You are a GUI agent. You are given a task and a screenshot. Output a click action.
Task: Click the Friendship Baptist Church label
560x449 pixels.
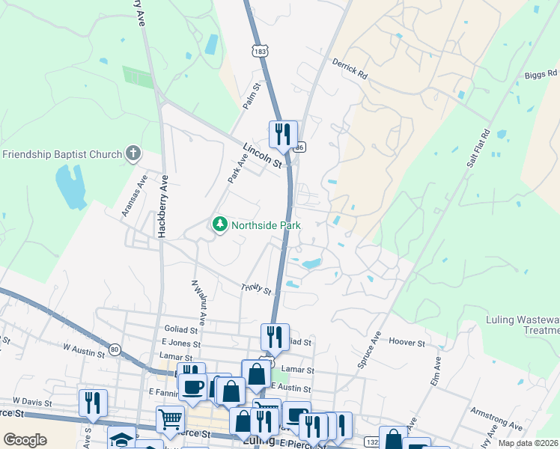point(62,155)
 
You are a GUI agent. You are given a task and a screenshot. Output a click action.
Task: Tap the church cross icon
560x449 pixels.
point(133,154)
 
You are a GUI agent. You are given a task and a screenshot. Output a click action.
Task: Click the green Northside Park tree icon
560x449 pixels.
point(220,224)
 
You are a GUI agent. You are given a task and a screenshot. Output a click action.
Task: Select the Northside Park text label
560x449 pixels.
point(265,224)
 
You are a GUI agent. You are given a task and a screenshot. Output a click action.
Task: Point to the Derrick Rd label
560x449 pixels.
point(350,70)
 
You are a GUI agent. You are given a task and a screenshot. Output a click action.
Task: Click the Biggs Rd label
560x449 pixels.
point(541,74)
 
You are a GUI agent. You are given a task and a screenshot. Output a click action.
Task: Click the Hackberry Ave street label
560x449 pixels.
point(162,207)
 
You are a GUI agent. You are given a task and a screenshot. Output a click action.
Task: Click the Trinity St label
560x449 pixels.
point(255,287)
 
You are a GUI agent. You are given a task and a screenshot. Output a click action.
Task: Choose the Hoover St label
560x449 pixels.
point(407,342)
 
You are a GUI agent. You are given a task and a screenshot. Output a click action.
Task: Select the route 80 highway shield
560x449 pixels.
point(115,349)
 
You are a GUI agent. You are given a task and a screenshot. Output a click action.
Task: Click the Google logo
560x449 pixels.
point(25,440)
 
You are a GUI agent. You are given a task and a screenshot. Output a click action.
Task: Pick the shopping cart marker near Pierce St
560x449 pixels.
point(171,421)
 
